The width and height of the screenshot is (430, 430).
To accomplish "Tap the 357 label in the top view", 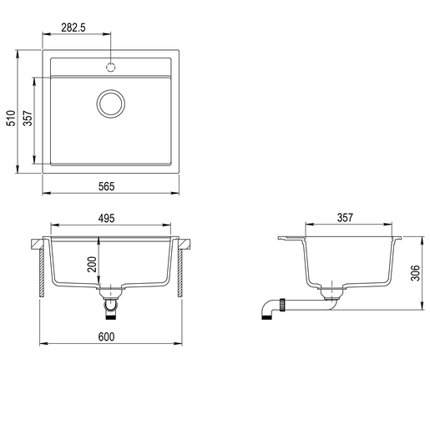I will click(x=27, y=120).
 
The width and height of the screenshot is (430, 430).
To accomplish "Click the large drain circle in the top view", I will click(x=111, y=103).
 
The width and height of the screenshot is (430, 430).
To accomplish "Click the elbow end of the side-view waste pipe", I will click(x=265, y=312).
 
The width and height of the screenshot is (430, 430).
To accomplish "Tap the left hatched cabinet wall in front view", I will click(x=42, y=273).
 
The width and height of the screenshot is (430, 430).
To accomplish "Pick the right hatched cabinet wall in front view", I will click(x=180, y=273).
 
